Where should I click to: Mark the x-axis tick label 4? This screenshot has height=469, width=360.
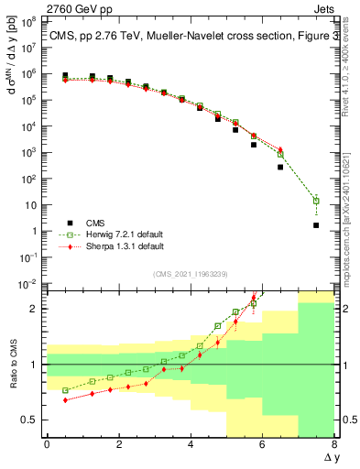pyautogui.click(x=191, y=445)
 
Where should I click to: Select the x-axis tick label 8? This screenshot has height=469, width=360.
pyautogui.click(x=334, y=445)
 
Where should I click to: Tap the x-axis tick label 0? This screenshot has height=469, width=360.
pyautogui.click(x=47, y=445)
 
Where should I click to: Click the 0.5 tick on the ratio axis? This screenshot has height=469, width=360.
pyautogui.click(x=30, y=420)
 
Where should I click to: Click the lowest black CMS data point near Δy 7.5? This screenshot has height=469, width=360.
pyautogui.click(x=316, y=225)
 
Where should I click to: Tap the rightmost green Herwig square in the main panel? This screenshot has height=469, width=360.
pyautogui.click(x=316, y=201)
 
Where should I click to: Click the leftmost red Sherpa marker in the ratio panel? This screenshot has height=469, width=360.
pyautogui.click(x=65, y=399)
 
